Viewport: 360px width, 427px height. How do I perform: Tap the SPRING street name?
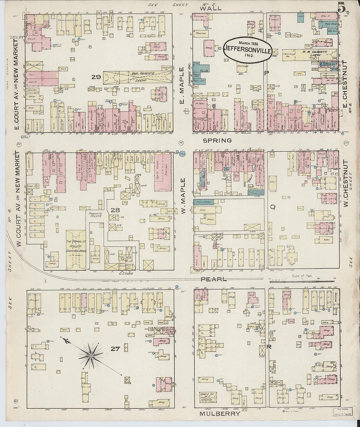217,140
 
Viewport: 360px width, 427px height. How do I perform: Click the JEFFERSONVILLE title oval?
247,50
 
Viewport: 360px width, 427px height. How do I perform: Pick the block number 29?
96,77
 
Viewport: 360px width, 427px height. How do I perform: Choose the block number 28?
115,210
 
